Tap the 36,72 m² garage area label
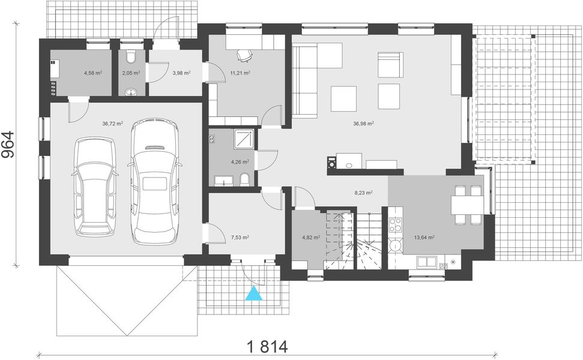click(x=112, y=124)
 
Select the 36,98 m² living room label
click(x=363, y=124)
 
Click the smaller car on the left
click(x=95, y=187)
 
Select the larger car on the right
click(x=155, y=180)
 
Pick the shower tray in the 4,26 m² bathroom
click(x=244, y=138)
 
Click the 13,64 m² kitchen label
click(x=424, y=237)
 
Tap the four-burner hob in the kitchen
click(x=395, y=225)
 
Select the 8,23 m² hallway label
click(x=363, y=193)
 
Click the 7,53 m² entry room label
click(x=240, y=237)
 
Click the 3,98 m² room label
click(x=181, y=73)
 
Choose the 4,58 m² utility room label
click(x=92, y=73)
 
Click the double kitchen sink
click(x=427, y=262)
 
